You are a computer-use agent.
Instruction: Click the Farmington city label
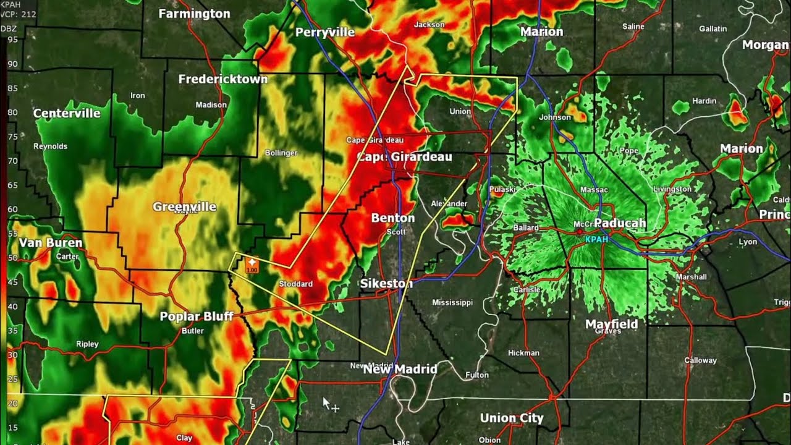coord(194,14)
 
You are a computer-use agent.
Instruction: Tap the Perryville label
coord(325,33)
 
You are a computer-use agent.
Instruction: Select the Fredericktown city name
coord(223,79)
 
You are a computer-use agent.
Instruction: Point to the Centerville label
coord(67,113)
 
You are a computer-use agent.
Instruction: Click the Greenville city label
coord(184,207)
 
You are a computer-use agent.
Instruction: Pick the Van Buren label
coord(50,243)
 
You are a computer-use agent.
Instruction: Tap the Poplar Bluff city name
coord(197,316)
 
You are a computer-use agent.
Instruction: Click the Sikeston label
coord(386,284)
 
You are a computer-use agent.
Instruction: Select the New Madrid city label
coord(400,369)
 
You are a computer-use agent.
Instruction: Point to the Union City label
coord(512,418)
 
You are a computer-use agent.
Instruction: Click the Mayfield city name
coord(611,324)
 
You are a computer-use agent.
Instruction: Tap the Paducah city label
coord(620,223)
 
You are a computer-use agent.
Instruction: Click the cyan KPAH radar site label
coord(597,239)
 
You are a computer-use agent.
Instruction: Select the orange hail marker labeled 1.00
coord(252,265)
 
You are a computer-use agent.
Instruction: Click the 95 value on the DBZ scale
coord(12,40)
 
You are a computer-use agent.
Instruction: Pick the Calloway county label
coord(700,360)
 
